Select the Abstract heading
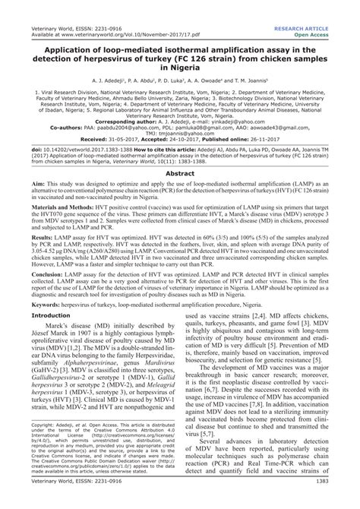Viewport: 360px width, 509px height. tap(180, 173)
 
